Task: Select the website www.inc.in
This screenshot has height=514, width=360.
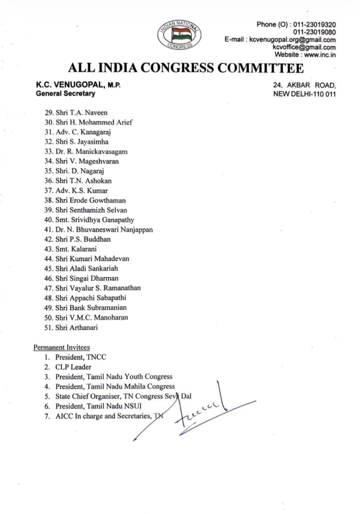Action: point(320,55)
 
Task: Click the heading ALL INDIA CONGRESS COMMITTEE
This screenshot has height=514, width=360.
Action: point(185,68)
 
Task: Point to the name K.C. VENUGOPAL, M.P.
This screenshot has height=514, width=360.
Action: point(78,85)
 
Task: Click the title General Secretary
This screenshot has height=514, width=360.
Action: point(65,93)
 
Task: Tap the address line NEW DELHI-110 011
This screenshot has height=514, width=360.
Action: point(304,93)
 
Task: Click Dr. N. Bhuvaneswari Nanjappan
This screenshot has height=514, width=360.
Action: point(104,229)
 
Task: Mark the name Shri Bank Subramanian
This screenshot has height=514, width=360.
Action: point(91,307)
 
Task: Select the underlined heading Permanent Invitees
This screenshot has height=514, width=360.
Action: point(62,347)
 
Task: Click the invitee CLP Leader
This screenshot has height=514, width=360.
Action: point(73,367)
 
